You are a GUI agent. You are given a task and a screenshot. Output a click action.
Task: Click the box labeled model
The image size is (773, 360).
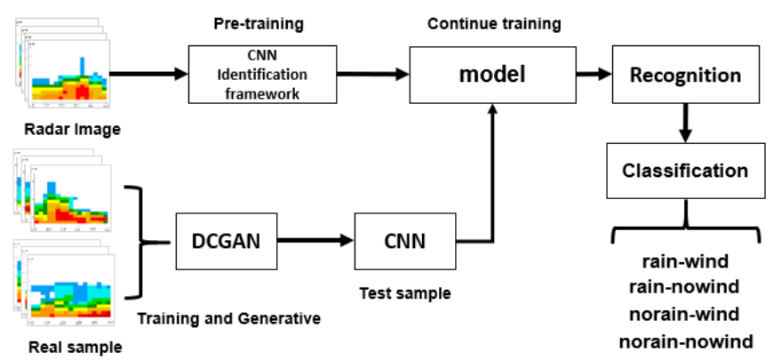492,75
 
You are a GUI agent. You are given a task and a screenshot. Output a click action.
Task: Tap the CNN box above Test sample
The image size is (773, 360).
404,240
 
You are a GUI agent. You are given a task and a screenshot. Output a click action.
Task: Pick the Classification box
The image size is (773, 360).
684,170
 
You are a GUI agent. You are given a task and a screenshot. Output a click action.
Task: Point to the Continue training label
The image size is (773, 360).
494,24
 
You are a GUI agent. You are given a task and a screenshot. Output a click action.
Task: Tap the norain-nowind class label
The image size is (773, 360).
684,341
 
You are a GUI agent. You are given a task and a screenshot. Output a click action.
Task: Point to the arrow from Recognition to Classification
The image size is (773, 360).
685,122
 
